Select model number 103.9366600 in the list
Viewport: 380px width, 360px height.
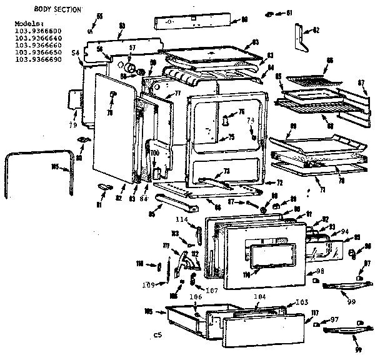tap(38, 31)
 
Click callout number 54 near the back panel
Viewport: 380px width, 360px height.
tap(75, 54)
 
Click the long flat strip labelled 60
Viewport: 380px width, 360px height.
tap(194, 21)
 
